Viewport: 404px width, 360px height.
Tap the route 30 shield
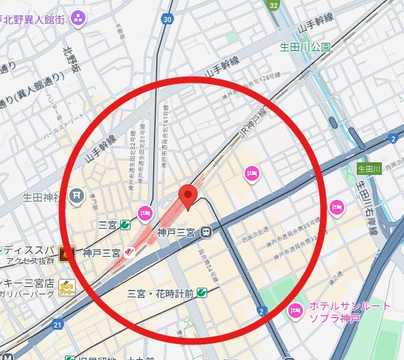168,18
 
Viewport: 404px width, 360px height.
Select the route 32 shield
274,5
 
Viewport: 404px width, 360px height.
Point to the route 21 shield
58,324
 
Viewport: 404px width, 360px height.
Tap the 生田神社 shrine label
43,197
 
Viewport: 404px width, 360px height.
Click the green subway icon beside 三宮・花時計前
201,293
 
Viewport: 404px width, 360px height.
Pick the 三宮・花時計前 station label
161,293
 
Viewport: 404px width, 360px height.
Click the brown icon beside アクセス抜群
66,255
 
